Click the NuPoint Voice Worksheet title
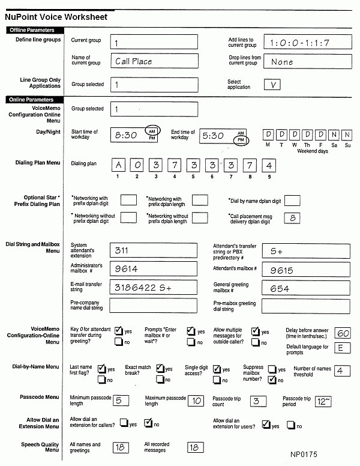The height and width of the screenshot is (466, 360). coord(56,17)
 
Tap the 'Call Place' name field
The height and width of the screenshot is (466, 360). coord(154,61)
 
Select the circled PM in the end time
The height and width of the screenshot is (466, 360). coord(241,140)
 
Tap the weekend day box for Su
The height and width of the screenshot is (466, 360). coord(347,135)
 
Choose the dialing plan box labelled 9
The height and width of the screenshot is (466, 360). coord(269,165)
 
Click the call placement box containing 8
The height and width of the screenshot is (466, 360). coord(292,218)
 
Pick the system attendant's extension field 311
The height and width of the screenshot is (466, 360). coord(154,250)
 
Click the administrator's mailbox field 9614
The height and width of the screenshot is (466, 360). coord(154,270)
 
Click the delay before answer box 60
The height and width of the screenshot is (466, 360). coord(343,334)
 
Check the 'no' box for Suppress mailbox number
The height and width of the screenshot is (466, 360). coord(272,380)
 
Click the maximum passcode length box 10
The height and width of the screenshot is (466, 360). coord(196,401)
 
